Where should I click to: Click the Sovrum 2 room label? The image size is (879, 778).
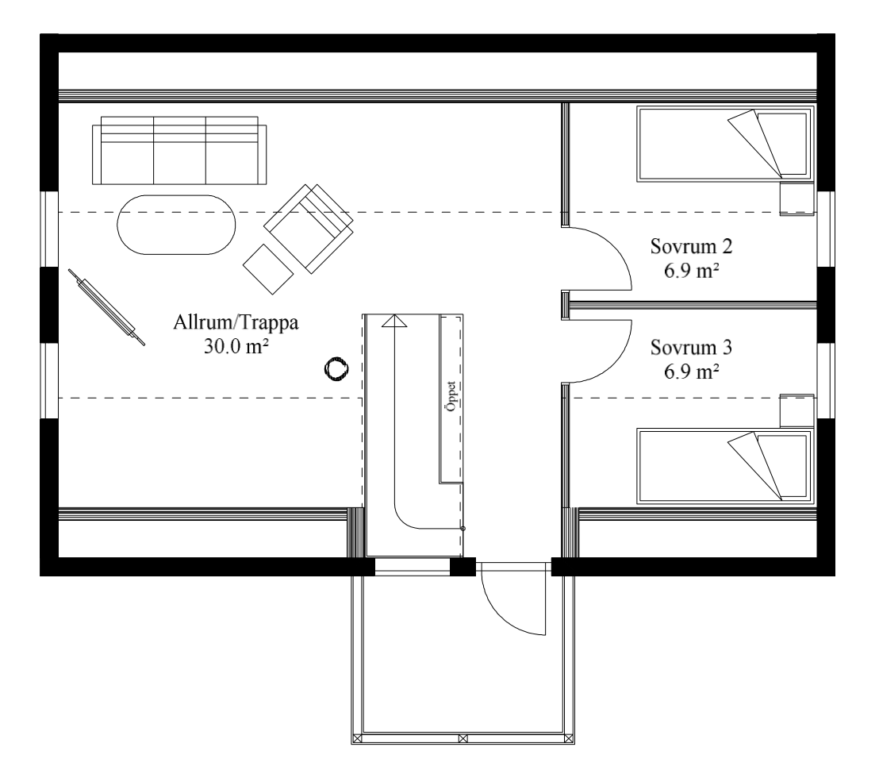(x=691, y=246)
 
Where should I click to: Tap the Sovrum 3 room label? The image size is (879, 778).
(x=691, y=348)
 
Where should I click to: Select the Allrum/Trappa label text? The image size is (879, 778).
(x=236, y=323)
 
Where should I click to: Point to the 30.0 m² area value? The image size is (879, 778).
(x=236, y=347)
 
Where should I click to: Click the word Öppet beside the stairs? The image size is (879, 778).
(x=451, y=397)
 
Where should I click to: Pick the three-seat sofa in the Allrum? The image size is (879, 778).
(x=179, y=150)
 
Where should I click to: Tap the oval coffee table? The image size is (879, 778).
(x=176, y=225)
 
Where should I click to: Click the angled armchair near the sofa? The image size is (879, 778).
(x=309, y=229)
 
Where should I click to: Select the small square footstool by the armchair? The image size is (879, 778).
(x=268, y=269)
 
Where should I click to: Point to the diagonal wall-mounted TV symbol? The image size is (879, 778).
(x=106, y=306)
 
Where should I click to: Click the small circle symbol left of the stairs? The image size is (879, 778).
(x=337, y=369)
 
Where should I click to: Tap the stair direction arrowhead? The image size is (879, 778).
(x=394, y=320)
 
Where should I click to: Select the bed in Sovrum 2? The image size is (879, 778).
(x=725, y=144)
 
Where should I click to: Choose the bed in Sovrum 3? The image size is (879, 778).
(x=725, y=466)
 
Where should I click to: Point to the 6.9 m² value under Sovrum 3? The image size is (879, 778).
(x=692, y=372)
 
